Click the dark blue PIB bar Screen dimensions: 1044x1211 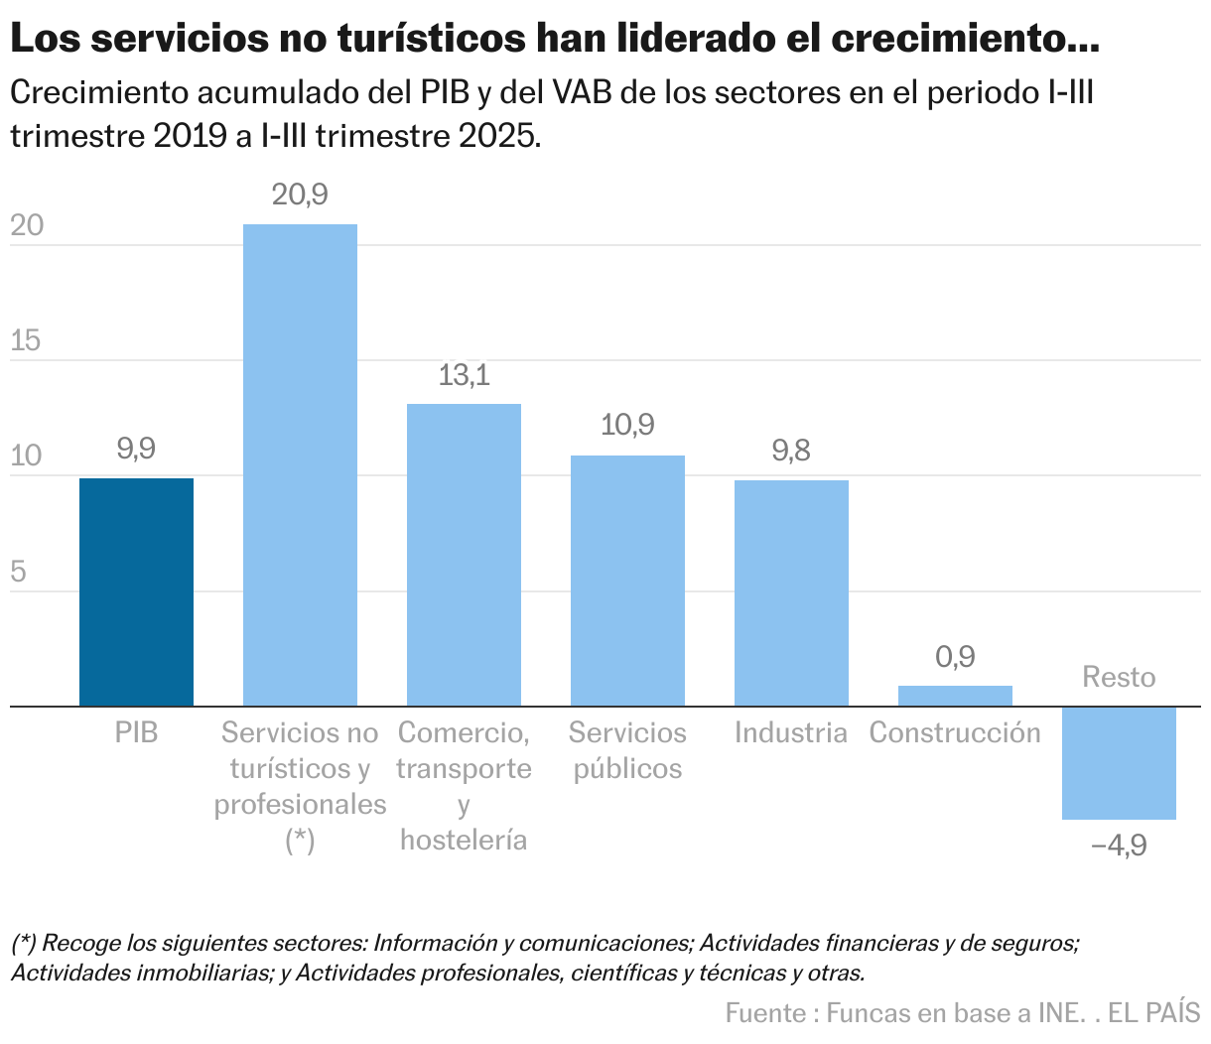click(136, 592)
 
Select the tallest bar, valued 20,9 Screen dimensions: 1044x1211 click(300, 465)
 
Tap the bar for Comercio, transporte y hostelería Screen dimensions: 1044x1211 click(464, 555)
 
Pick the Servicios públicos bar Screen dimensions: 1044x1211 click(627, 581)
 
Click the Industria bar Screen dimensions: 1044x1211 click(791, 593)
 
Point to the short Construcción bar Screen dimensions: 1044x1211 click(955, 696)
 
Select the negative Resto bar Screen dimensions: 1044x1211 click(1119, 763)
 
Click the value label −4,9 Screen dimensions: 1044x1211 click(1119, 847)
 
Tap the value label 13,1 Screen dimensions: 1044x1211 click(464, 376)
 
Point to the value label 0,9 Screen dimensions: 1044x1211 click(955, 657)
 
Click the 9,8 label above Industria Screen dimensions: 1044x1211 click(791, 452)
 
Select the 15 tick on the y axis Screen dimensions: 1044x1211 click(27, 341)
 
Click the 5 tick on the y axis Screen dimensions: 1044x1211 click(18, 573)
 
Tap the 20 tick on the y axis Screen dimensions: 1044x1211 click(27, 226)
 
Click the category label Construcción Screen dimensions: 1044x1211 click(955, 733)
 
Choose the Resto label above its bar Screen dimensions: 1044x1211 click(1119, 678)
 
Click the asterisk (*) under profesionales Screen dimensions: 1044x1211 click(300, 841)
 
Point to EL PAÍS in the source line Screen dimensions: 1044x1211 click(1153, 1013)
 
